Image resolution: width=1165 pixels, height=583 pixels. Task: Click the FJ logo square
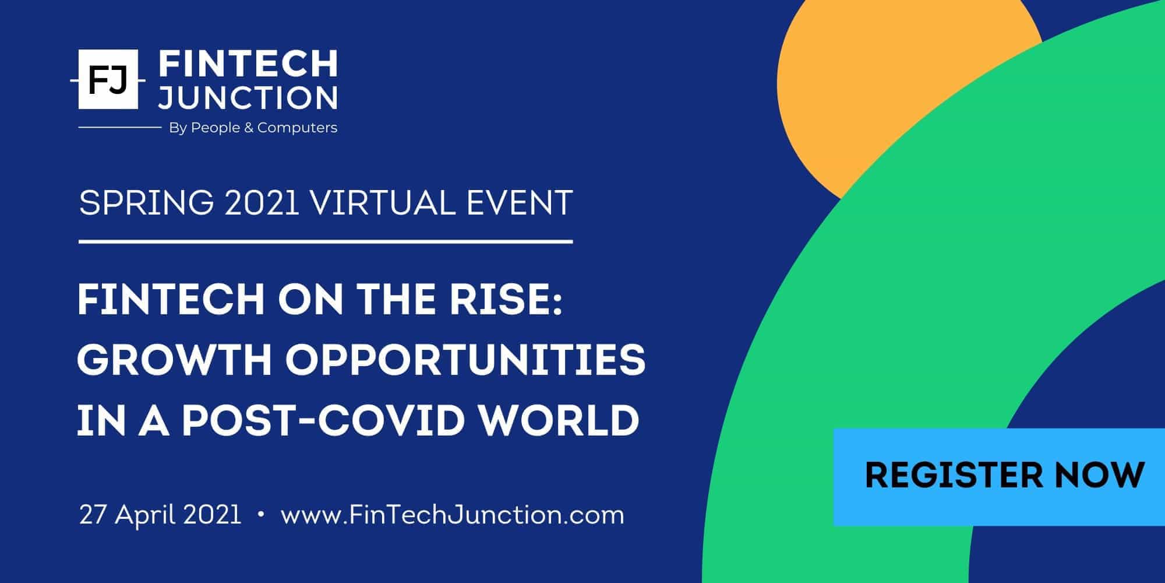tap(108, 79)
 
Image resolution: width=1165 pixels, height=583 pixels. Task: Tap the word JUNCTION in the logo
tap(248, 97)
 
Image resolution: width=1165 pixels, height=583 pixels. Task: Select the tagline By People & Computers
tap(253, 128)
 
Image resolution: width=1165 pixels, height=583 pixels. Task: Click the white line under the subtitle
tap(326, 241)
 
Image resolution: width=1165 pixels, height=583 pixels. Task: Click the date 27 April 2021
tap(160, 515)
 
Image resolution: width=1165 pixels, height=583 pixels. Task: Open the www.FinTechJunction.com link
tap(453, 515)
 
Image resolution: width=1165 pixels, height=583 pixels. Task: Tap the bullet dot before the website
tap(260, 515)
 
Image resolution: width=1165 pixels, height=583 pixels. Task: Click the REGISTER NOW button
tap(999, 477)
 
